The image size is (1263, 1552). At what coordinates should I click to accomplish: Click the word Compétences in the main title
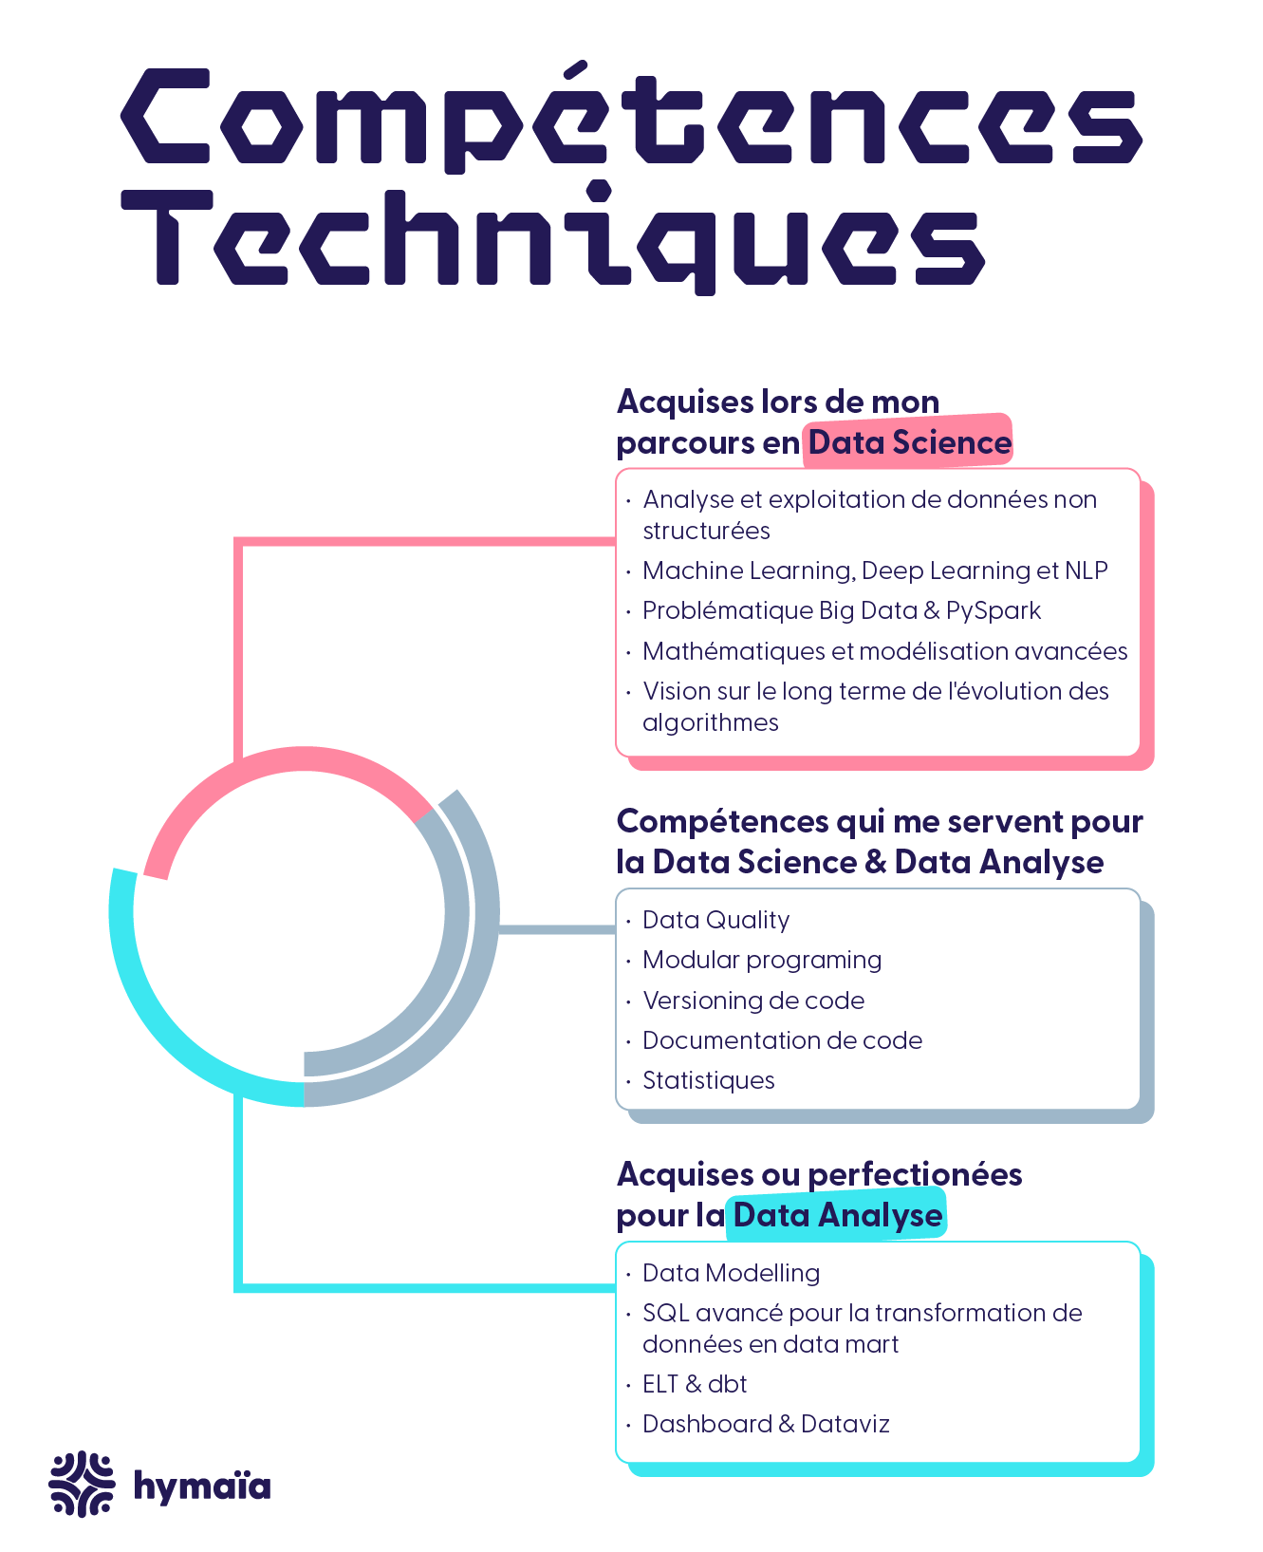click(631, 119)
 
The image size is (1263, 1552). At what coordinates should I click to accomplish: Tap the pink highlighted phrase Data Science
click(909, 442)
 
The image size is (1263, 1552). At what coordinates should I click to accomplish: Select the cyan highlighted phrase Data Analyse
click(837, 1215)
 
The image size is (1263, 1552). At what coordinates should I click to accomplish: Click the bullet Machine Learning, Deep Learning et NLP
click(875, 570)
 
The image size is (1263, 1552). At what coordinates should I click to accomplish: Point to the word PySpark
click(994, 610)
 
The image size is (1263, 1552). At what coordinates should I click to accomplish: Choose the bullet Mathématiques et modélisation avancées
click(884, 651)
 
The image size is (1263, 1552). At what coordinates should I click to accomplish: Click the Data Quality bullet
click(715, 920)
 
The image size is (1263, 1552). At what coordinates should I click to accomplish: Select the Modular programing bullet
click(762, 960)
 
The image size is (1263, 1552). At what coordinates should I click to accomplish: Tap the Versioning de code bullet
click(753, 1000)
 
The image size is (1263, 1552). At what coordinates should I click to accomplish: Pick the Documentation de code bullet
click(782, 1040)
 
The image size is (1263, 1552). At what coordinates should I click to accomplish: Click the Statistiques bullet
click(708, 1080)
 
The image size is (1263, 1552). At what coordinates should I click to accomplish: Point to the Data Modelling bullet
click(731, 1273)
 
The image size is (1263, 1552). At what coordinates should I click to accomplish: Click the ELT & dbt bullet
click(695, 1384)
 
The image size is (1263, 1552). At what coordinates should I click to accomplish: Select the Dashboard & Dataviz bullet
click(766, 1424)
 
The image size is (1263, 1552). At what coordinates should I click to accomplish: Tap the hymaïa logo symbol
click(82, 1484)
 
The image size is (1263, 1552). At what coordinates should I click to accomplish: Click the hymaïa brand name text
click(202, 1487)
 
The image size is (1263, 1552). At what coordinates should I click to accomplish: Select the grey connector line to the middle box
click(557, 929)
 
